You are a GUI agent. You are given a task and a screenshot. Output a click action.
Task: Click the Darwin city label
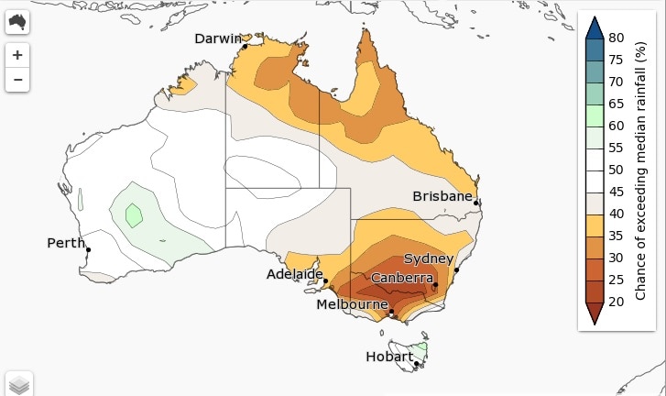click(217, 38)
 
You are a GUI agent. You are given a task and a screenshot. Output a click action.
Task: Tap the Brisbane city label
click(442, 196)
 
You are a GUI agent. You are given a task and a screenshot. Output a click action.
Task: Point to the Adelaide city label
click(294, 274)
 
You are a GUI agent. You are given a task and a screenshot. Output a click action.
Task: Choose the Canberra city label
click(402, 278)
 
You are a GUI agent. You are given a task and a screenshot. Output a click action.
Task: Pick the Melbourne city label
click(352, 304)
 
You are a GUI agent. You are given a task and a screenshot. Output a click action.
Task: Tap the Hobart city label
click(388, 357)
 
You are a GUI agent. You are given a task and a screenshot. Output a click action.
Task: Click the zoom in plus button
click(18, 54)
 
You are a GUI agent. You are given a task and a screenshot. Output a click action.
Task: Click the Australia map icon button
click(18, 22)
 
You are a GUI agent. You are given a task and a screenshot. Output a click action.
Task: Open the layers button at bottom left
click(19, 384)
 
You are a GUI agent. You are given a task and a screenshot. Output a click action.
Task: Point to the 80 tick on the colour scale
click(616, 38)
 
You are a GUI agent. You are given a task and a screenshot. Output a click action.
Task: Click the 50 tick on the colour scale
click(616, 170)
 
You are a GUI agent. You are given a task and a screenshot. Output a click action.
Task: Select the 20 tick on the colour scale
click(616, 301)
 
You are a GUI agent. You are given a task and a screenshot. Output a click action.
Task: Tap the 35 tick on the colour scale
click(616, 236)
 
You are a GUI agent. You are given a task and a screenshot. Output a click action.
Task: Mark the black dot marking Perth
click(89, 249)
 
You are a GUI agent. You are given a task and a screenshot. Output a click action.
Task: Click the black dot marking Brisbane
click(476, 203)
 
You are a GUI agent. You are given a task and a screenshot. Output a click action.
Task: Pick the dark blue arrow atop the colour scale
click(593, 27)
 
